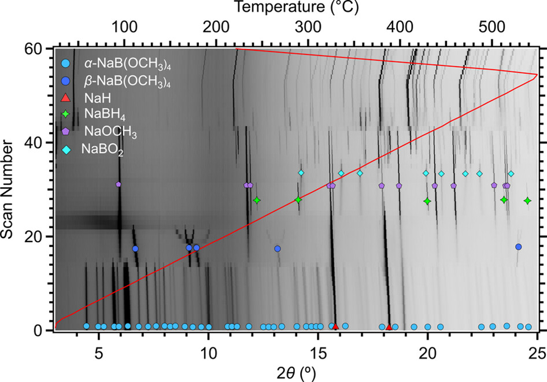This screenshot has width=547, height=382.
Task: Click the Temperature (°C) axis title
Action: click(296, 7)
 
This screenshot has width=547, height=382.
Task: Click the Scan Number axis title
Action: click(6, 189)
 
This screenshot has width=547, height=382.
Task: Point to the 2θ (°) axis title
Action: click(296, 373)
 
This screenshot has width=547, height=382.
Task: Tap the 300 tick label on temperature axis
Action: click(308, 27)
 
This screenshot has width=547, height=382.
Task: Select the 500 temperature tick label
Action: click(491, 27)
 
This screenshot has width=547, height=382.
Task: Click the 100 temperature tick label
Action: click(124, 27)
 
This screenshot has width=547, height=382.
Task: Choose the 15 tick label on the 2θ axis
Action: click(318, 354)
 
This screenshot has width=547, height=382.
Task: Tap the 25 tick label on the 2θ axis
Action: click(537, 354)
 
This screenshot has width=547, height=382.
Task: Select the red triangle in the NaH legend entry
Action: click(65, 98)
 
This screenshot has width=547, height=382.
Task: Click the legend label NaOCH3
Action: click(110, 132)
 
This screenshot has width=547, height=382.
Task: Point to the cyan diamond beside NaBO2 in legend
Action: click(66, 149)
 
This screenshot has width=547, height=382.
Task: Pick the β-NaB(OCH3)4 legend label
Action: click(127, 81)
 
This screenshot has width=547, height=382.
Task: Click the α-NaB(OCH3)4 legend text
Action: click(127, 64)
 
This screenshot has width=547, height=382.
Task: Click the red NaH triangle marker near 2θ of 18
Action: click(389, 327)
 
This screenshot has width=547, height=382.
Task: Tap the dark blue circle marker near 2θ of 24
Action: click(519, 247)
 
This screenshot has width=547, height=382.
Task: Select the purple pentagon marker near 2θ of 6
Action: click(119, 184)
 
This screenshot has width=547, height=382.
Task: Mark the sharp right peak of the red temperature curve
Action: click(537, 75)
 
